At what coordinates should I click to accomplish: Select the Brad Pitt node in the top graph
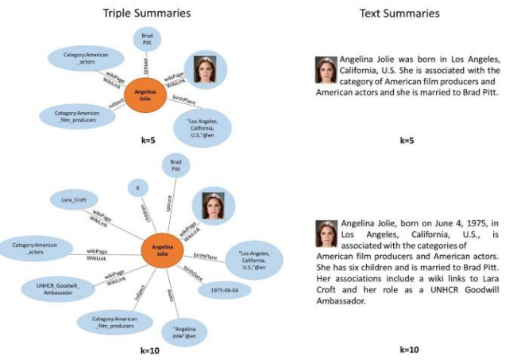(x=147, y=38)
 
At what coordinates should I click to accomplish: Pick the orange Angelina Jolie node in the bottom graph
(x=162, y=252)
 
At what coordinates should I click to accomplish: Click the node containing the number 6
(x=138, y=188)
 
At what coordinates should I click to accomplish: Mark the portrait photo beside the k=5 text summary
(x=325, y=69)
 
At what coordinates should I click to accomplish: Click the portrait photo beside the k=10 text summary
(x=325, y=232)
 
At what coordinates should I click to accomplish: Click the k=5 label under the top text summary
(x=407, y=141)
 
